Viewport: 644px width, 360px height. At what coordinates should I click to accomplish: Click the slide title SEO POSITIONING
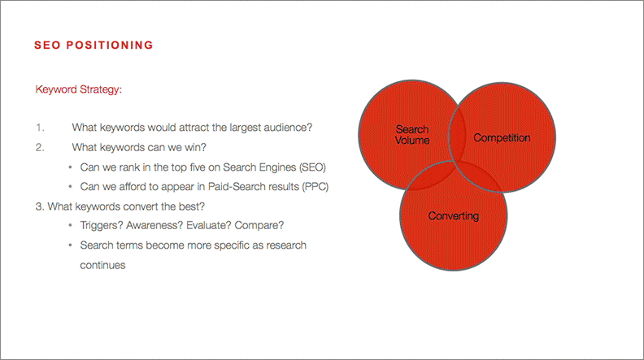point(94,46)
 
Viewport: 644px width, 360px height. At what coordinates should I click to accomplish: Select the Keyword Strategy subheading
point(79,89)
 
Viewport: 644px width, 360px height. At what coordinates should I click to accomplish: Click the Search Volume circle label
point(412,135)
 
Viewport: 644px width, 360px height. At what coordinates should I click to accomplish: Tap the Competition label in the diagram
point(502,138)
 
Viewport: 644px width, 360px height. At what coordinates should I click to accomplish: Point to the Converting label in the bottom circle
point(454,216)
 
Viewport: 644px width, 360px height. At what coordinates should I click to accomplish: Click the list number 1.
point(39,128)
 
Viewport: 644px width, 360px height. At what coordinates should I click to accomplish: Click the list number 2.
point(39,147)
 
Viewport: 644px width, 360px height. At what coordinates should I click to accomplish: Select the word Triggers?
point(103,226)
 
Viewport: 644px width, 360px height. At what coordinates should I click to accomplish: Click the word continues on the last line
point(102,265)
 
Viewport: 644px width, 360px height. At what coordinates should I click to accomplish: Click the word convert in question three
point(128,206)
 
